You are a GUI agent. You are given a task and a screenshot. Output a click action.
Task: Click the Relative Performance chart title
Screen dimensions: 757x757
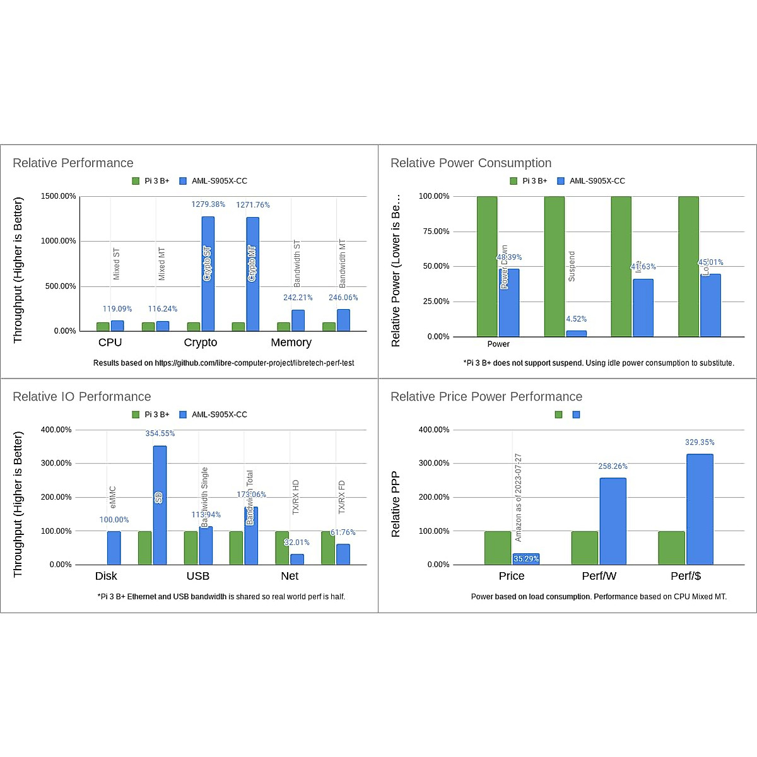[x=73, y=163]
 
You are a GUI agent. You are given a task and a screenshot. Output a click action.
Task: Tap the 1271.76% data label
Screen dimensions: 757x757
[x=253, y=205]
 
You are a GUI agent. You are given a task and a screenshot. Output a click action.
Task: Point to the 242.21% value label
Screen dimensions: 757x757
[x=298, y=298]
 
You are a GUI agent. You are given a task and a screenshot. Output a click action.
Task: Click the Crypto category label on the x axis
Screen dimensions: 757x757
[x=201, y=343]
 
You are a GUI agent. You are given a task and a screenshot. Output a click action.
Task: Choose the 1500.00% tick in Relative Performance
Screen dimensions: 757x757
[x=59, y=196]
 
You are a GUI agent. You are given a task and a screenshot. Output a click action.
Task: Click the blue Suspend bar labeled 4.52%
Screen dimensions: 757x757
[x=577, y=333]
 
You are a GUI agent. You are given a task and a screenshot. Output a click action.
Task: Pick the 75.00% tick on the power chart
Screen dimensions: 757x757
[x=434, y=232]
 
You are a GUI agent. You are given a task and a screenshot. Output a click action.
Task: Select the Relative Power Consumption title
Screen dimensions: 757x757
[x=471, y=163]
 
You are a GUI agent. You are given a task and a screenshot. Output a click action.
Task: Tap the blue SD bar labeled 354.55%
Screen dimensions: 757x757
[x=160, y=505]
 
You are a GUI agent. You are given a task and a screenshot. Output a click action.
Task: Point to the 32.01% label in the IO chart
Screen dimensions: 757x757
[x=296, y=543]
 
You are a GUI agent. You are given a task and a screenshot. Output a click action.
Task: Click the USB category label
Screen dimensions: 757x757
[x=198, y=576]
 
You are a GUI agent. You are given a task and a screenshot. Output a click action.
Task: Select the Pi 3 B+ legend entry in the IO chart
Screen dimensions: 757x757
[x=151, y=414]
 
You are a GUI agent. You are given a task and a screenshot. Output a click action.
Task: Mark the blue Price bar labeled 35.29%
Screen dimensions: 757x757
[x=526, y=559]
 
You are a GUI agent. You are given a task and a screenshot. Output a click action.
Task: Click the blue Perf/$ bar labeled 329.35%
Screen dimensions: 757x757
[x=700, y=509]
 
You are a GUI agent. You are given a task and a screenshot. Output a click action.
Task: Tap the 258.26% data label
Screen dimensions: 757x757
[x=613, y=467]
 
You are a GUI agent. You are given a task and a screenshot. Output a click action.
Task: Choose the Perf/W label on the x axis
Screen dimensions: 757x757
[x=599, y=576]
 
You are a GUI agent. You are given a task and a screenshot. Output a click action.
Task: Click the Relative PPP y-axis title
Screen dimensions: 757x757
[x=396, y=505]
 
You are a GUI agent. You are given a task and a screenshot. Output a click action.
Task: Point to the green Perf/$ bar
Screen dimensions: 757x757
[x=671, y=548]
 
